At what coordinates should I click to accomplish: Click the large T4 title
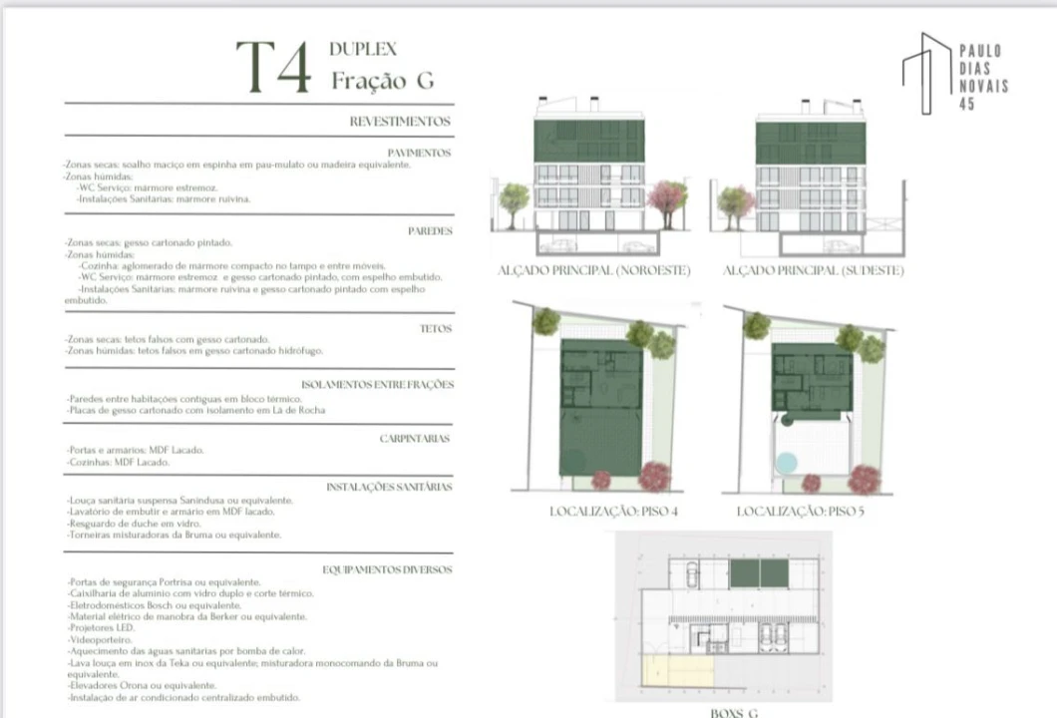[273, 68]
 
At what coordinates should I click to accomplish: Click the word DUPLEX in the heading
[363, 48]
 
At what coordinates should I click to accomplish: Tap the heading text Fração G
[382, 81]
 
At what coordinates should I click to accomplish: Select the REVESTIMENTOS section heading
[399, 122]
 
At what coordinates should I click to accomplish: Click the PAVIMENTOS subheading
[419, 153]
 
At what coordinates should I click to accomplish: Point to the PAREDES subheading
[430, 230]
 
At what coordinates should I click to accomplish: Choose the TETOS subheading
[436, 328]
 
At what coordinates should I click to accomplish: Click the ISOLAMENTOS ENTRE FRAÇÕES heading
[377, 384]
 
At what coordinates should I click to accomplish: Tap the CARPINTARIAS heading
[415, 438]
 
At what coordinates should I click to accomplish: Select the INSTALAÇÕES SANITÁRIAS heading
[389, 487]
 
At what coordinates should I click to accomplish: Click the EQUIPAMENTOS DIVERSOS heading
[387, 569]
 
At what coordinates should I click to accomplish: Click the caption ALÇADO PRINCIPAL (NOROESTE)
[593, 270]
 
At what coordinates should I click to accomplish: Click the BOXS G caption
[735, 712]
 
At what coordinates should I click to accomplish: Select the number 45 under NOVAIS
[966, 104]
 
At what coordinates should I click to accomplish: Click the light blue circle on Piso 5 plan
[786, 464]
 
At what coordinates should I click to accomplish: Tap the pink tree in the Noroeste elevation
[667, 195]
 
